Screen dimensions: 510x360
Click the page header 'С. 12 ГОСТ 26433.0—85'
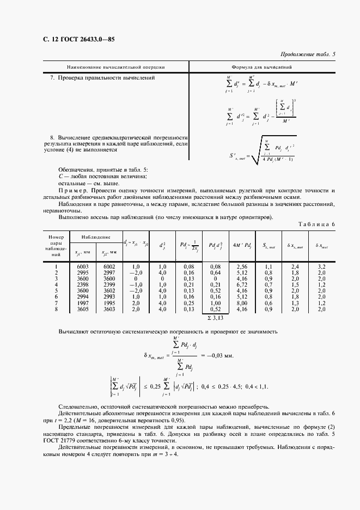[78, 39]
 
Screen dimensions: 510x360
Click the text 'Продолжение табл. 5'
[308, 54]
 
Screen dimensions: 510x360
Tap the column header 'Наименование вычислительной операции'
[115, 67]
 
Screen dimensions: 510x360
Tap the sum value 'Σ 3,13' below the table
[215, 317]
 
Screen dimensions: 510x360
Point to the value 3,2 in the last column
[321, 266]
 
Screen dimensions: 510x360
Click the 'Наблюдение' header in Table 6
[96, 238]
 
